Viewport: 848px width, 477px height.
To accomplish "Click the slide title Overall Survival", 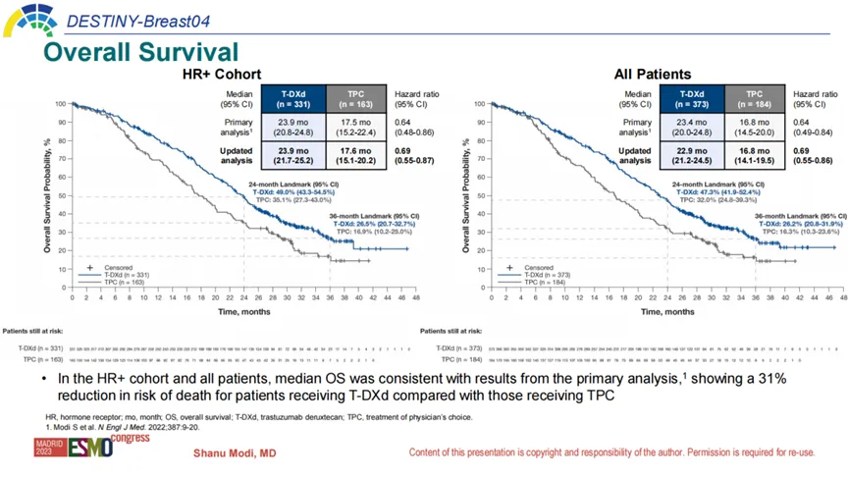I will pos(141,51).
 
